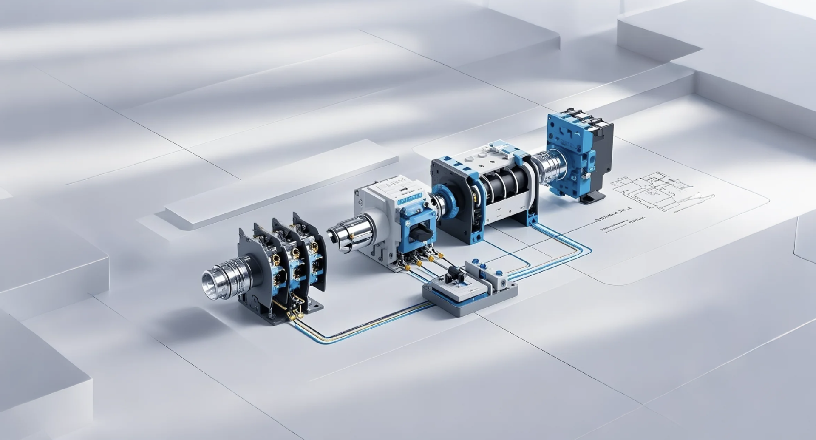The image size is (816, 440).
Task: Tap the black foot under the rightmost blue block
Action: click(593, 197)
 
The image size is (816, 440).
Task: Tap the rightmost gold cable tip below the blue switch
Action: click(441, 255)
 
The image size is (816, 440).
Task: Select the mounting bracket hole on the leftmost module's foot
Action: click(315, 305)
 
